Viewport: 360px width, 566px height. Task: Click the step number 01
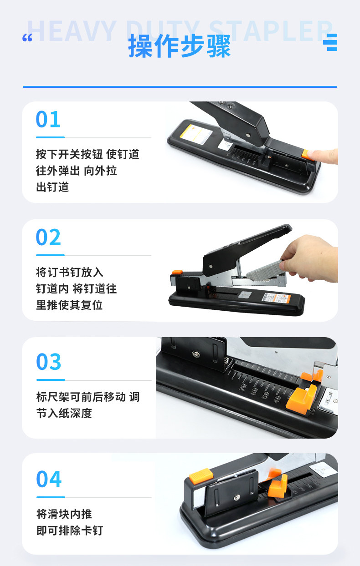point(48,119)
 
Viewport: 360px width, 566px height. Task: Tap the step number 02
point(48,237)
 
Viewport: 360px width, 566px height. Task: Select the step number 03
point(49,361)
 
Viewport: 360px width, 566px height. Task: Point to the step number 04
point(49,479)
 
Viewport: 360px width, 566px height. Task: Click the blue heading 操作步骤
point(180,46)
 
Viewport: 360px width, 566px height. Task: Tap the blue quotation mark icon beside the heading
point(27,38)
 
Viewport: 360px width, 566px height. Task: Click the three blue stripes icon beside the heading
point(330,42)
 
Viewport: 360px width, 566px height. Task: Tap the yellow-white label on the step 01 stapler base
point(196,134)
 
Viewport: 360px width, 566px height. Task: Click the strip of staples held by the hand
point(264,271)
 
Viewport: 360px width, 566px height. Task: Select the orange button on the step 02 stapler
point(177,272)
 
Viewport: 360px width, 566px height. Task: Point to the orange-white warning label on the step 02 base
point(276,298)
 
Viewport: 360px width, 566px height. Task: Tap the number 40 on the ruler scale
point(277,399)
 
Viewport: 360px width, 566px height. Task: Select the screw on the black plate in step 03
point(195,354)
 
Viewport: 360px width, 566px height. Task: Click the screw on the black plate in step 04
point(237,497)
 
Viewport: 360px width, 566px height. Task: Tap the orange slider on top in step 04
point(201,476)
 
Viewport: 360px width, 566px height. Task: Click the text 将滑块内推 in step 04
point(64,514)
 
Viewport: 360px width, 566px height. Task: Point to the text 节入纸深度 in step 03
point(64,413)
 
